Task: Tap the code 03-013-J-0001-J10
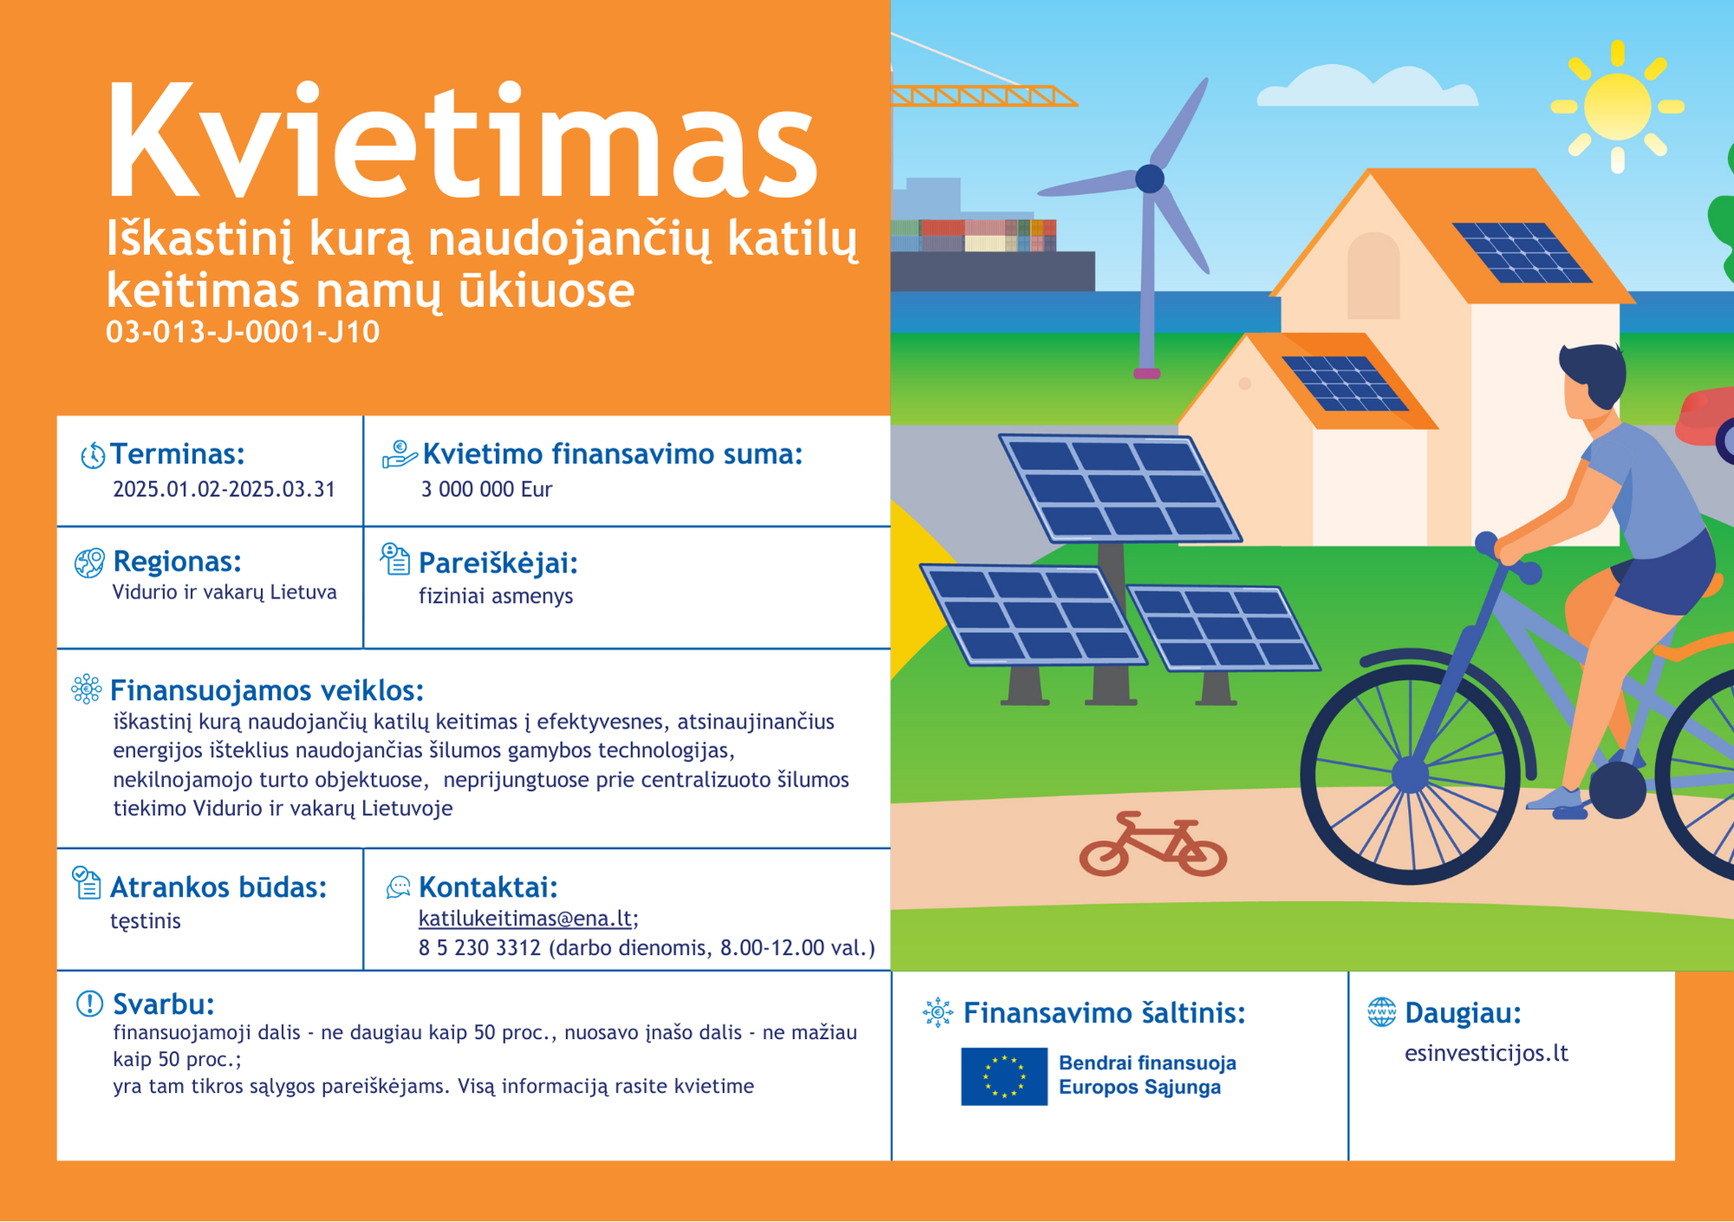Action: (243, 332)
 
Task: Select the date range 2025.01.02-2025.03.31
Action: (224, 489)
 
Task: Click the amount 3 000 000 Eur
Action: (486, 489)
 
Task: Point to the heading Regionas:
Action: (177, 561)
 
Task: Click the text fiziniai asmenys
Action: (496, 596)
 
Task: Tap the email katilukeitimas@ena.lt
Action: (525, 918)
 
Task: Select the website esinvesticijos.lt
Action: (1487, 1053)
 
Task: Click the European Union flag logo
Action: (1004, 1076)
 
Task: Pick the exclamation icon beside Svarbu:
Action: (89, 1003)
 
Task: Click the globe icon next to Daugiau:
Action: (1381, 1011)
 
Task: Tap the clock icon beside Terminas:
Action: (92, 455)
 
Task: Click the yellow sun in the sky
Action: (1617, 107)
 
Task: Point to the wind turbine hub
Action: (1150, 179)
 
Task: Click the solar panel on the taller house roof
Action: (1522, 252)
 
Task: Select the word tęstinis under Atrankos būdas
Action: (146, 921)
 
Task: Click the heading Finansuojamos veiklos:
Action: (267, 690)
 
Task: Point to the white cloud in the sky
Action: (1367, 86)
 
